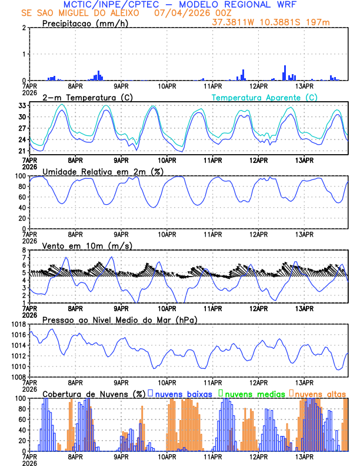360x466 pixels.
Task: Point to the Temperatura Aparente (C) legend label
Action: tap(264, 97)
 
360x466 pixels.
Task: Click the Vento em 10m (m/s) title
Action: tap(87, 245)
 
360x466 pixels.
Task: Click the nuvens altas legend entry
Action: tap(318, 393)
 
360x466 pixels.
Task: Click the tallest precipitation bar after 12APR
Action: tap(285, 72)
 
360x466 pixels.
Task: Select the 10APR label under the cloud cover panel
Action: tap(167, 456)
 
